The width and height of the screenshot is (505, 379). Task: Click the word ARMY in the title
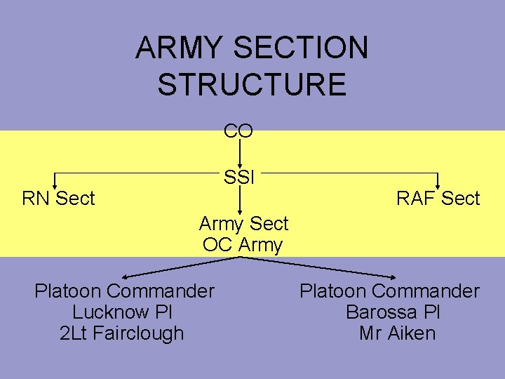(179, 48)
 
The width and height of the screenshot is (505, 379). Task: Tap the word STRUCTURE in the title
(252, 84)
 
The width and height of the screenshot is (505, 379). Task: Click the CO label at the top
(238, 131)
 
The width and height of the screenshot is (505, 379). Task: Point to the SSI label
(238, 178)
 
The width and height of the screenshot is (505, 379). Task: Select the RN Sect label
(58, 199)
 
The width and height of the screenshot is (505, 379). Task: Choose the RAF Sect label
(438, 199)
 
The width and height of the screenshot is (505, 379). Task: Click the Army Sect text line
(243, 224)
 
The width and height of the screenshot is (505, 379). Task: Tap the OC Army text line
(243, 245)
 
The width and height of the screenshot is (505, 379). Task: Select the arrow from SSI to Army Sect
(240, 200)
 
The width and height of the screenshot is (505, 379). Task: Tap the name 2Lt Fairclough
(122, 333)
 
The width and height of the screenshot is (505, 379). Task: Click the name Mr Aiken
(397, 333)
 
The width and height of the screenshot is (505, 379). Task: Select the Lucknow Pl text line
(122, 312)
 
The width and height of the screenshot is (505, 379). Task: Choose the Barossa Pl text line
(393, 312)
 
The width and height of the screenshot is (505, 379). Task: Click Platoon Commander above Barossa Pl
(389, 291)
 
